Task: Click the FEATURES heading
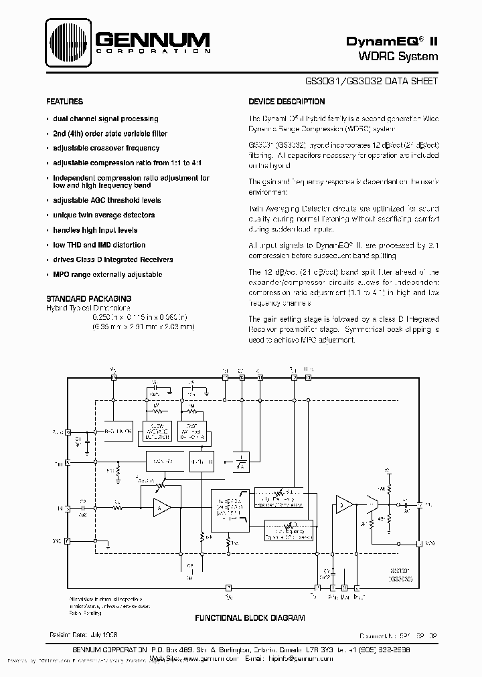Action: click(64, 102)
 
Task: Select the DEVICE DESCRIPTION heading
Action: click(287, 102)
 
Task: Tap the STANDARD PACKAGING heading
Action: click(88, 298)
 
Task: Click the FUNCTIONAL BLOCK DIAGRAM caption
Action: click(250, 618)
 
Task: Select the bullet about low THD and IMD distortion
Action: click(99, 245)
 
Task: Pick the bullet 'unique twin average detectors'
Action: click(104, 215)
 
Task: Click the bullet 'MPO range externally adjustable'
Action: click(107, 274)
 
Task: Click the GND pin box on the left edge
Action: click(66, 540)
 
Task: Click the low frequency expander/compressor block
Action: click(289, 530)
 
